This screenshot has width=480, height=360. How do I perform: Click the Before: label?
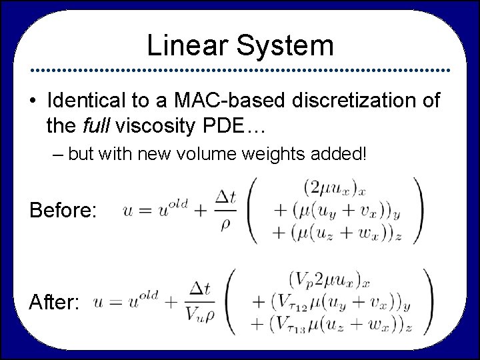[64, 211]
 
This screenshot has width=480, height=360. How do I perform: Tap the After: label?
[55, 303]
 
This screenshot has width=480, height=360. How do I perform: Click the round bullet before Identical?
[33, 102]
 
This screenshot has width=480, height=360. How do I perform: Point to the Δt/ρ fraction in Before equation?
[225, 211]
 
